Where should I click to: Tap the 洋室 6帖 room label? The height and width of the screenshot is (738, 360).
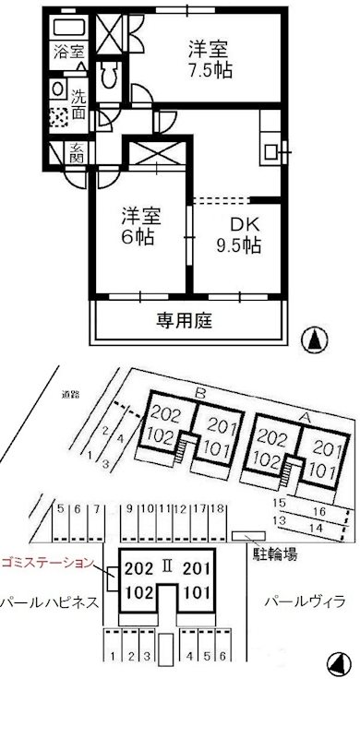[140, 226]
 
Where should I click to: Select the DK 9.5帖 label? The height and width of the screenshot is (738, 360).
[238, 235]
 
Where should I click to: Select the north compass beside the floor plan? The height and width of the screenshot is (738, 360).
[315, 339]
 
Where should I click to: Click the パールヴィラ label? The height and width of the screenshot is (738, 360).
[305, 602]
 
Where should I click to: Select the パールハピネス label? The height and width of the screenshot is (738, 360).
[48, 602]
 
